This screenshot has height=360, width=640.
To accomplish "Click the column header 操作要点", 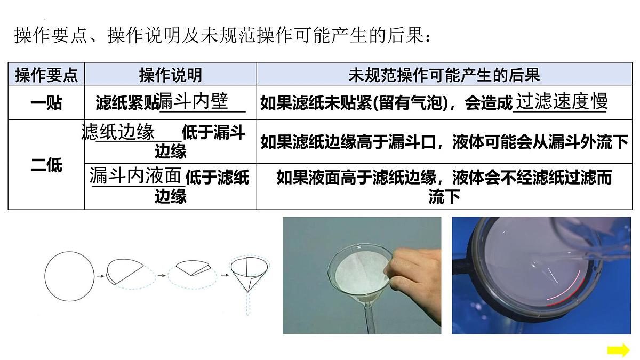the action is [46, 75].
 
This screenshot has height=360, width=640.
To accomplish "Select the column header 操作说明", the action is [171, 75].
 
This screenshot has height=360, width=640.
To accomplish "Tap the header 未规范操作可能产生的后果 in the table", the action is [444, 75].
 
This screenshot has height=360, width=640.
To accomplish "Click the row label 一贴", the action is [46, 103].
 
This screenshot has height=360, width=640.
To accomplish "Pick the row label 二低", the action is [46, 165].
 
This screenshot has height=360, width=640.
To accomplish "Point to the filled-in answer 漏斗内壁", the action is [194, 101].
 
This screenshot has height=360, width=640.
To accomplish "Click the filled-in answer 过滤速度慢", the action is [561, 101].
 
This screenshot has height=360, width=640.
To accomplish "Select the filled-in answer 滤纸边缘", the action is [118, 132].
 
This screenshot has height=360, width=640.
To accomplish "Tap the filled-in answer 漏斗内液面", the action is [135, 175].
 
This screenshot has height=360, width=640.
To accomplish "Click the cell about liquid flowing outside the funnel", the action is [444, 142].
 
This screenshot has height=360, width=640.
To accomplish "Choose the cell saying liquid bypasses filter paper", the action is [444, 187].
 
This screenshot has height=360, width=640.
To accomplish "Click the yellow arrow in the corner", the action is [618, 350].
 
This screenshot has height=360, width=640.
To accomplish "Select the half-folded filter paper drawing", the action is [124, 271].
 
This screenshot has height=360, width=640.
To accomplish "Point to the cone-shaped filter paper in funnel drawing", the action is [249, 274].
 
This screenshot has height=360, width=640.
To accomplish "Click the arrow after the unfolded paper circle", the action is [100, 276].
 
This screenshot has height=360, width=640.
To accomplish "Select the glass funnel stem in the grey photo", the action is [370, 317].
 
